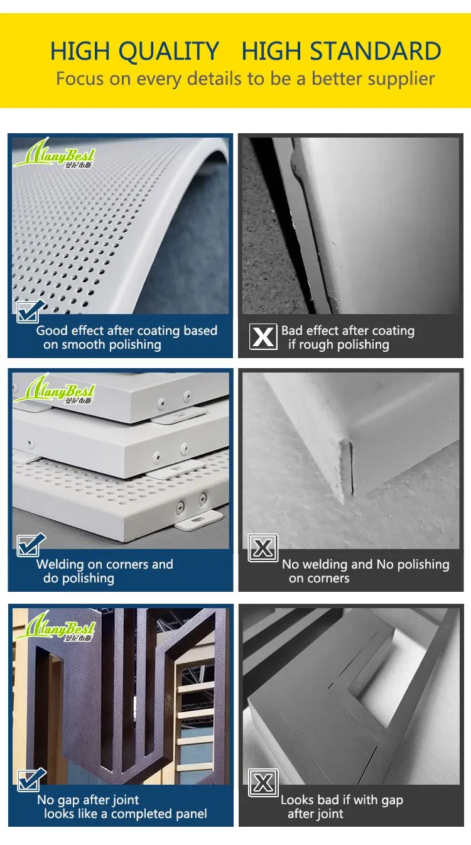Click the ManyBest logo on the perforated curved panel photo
[54, 153]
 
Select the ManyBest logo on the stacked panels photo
[54, 388]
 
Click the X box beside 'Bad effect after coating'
[263, 337]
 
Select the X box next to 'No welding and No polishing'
[263, 548]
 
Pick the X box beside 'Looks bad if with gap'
[263, 783]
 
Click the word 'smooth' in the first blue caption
[82, 344]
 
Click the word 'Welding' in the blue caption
[60, 564]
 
